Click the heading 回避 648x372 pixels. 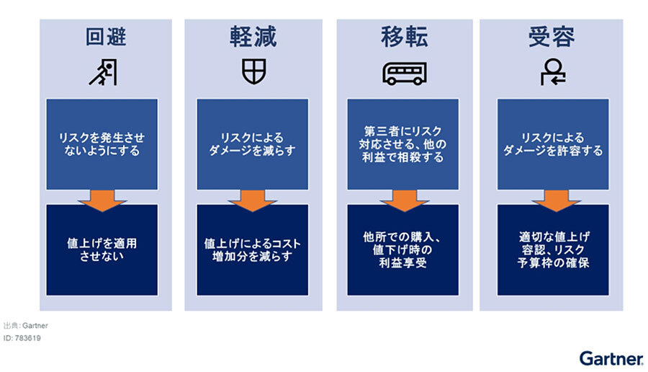pos(105,37)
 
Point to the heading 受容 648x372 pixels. pos(552,37)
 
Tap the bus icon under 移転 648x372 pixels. pos(404,72)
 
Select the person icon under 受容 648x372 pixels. pos(552,72)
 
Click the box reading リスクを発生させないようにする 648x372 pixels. pos(102,144)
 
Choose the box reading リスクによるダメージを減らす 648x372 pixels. pos(252,144)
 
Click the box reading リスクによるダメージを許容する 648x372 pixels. pos(553,144)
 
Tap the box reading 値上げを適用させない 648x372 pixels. pos(102,249)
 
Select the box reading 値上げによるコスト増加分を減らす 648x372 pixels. pos(252,249)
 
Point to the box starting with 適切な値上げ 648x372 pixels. pos(553,249)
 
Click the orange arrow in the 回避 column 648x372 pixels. pos(102,200)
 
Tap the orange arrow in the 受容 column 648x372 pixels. pos(553,200)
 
